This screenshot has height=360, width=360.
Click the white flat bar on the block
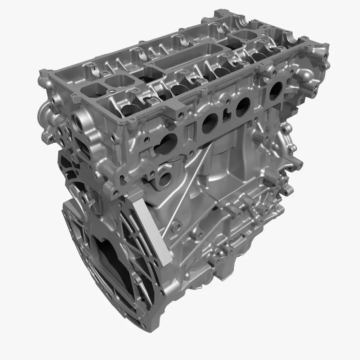tap(151, 230)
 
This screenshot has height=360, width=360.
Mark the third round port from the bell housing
tap(243, 105)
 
